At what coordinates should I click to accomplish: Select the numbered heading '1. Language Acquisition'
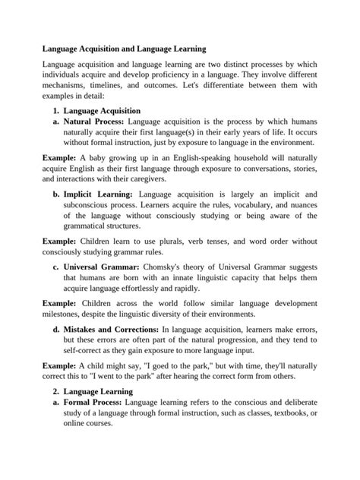[96, 111]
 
